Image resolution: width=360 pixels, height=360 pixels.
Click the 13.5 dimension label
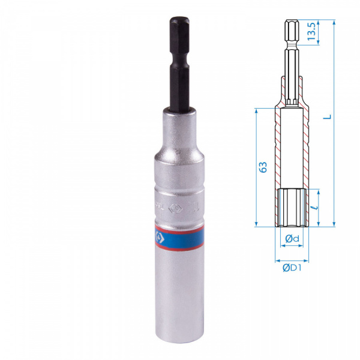tap(311, 32)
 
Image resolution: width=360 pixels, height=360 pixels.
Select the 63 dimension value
tap(263, 167)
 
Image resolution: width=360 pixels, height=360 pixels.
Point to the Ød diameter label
tap(292, 239)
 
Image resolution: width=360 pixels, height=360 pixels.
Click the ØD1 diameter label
tap(292, 268)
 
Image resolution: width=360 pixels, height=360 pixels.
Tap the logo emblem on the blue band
tap(159, 238)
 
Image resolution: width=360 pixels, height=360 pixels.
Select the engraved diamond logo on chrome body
tap(173, 208)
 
